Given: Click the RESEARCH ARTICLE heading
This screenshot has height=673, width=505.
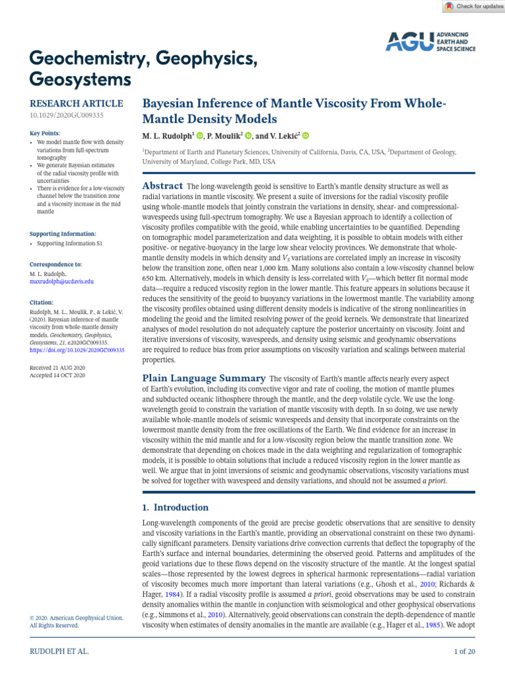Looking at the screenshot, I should click(76, 103).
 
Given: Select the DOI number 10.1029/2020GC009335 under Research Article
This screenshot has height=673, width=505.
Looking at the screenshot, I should click(66, 116).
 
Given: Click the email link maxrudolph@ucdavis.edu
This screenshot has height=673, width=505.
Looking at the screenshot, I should click(62, 281).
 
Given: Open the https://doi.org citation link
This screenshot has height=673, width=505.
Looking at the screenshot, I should click(78, 350).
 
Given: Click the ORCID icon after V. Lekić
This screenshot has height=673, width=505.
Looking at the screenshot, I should click(305, 135).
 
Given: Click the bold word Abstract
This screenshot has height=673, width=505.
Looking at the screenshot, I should click(162, 187).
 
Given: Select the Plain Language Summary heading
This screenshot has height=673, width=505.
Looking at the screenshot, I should click(204, 379).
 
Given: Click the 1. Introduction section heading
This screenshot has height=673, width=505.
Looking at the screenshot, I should click(176, 507).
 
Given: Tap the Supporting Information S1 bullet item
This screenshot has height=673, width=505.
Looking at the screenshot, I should click(69, 243).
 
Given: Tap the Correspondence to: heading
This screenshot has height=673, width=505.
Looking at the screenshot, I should click(56, 264).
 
